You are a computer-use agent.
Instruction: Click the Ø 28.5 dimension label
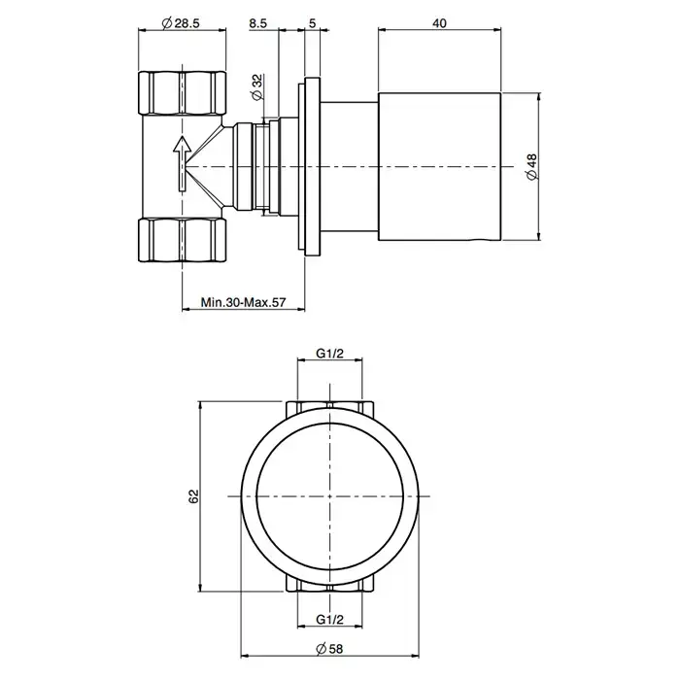183,22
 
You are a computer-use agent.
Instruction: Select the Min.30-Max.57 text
243,302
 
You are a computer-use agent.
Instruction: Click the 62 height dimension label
193,495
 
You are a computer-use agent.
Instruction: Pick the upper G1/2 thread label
331,356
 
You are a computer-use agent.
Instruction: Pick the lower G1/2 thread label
331,619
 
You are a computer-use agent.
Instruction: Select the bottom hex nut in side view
183,240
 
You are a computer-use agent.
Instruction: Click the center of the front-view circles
330,495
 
